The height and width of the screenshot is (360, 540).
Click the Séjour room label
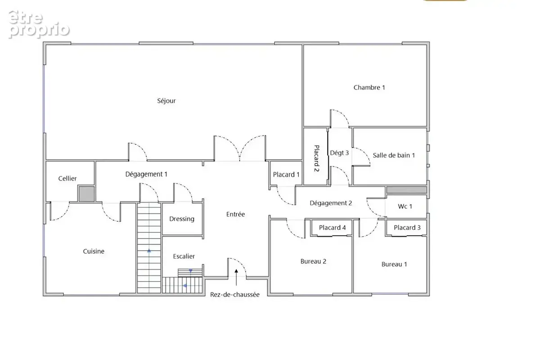click(166, 100)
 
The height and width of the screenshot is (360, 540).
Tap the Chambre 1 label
click(369, 87)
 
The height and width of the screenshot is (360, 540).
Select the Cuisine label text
click(94, 251)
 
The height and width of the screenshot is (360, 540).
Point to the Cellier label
click(67, 179)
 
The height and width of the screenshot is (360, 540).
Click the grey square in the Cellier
click(86, 194)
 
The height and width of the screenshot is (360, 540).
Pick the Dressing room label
click(182, 219)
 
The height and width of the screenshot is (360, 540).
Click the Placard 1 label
click(286, 174)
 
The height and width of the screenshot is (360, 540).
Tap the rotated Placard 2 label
click(316, 158)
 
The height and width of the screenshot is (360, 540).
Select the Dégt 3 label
click(339, 153)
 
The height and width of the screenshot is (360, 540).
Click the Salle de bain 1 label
click(394, 155)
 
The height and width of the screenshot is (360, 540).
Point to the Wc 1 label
click(405, 207)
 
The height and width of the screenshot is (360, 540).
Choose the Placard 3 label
click(407, 227)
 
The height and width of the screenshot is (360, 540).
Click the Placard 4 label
click(333, 227)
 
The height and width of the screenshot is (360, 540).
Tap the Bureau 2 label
click(313, 261)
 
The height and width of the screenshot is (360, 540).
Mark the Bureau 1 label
click(394, 264)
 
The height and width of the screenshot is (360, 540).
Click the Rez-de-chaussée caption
click(235, 294)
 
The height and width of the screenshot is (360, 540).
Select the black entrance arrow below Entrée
click(236, 278)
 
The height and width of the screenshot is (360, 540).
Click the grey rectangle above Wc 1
click(407, 190)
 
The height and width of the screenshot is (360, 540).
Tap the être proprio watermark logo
click(39, 24)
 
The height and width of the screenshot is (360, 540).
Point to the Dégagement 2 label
click(331, 203)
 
